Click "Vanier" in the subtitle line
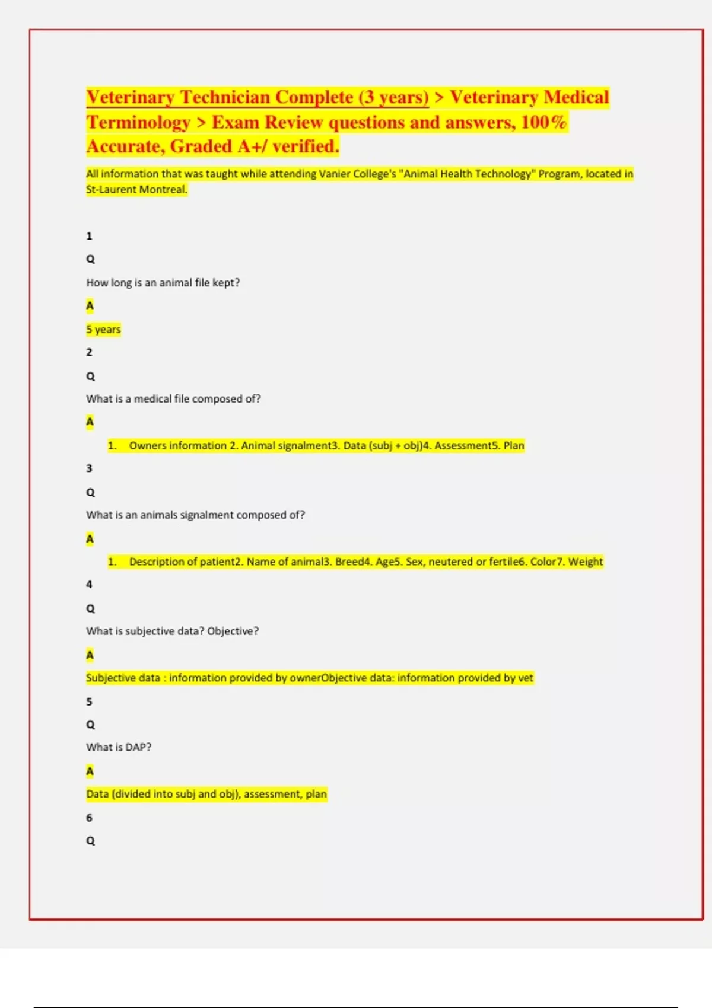pos(336,174)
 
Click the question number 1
pos(89,236)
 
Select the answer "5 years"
pos(103,329)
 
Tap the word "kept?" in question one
pos(226,283)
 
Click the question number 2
pos(89,352)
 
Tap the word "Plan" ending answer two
pos(514,445)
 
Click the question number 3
pos(89,468)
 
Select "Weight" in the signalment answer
pos(585,562)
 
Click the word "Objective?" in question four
pos(233,631)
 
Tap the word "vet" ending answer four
pos(526,678)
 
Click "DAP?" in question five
pos(138,748)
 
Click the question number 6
pos(89,818)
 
